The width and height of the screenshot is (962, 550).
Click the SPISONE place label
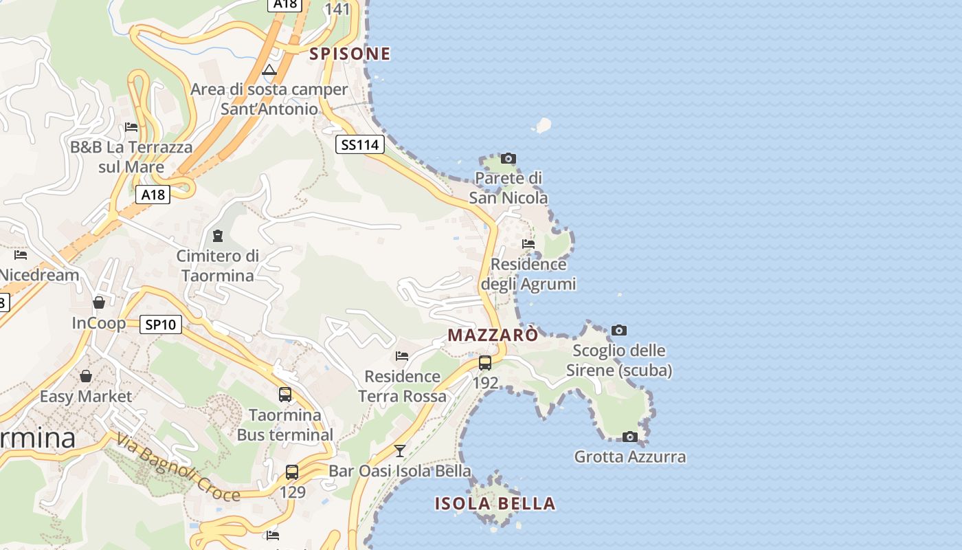pyautogui.click(x=350, y=54)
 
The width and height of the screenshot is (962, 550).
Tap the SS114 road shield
pyautogui.click(x=360, y=144)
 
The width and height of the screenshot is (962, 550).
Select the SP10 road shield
pyautogui.click(x=161, y=324)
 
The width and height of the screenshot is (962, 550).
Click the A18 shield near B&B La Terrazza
pyautogui.click(x=153, y=195)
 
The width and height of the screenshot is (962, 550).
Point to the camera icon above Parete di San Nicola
pyautogui.click(x=508, y=159)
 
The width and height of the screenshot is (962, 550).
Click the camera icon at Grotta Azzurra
pyautogui.click(x=630, y=437)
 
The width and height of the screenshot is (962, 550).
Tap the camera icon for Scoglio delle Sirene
pyautogui.click(x=619, y=331)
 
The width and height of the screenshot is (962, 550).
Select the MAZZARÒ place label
pyautogui.click(x=493, y=335)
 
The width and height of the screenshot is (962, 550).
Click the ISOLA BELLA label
pyautogui.click(x=495, y=504)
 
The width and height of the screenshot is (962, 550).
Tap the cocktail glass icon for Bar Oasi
pyautogui.click(x=400, y=451)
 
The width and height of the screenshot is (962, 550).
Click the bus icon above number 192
pyautogui.click(x=485, y=362)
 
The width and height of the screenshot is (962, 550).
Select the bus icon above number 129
pyautogui.click(x=292, y=472)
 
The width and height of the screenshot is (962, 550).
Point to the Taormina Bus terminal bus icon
pyautogui.click(x=285, y=395)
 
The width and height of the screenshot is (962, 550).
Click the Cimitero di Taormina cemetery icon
pyautogui.click(x=218, y=236)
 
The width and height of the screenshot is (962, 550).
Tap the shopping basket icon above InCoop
pyautogui.click(x=99, y=302)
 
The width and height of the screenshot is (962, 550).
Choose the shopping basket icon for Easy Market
pyautogui.click(x=86, y=376)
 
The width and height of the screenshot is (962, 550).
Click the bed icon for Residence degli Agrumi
pyautogui.click(x=528, y=243)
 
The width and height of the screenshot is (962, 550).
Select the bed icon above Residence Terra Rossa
pyautogui.click(x=402, y=356)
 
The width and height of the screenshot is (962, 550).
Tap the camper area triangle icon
pyautogui.click(x=269, y=69)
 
